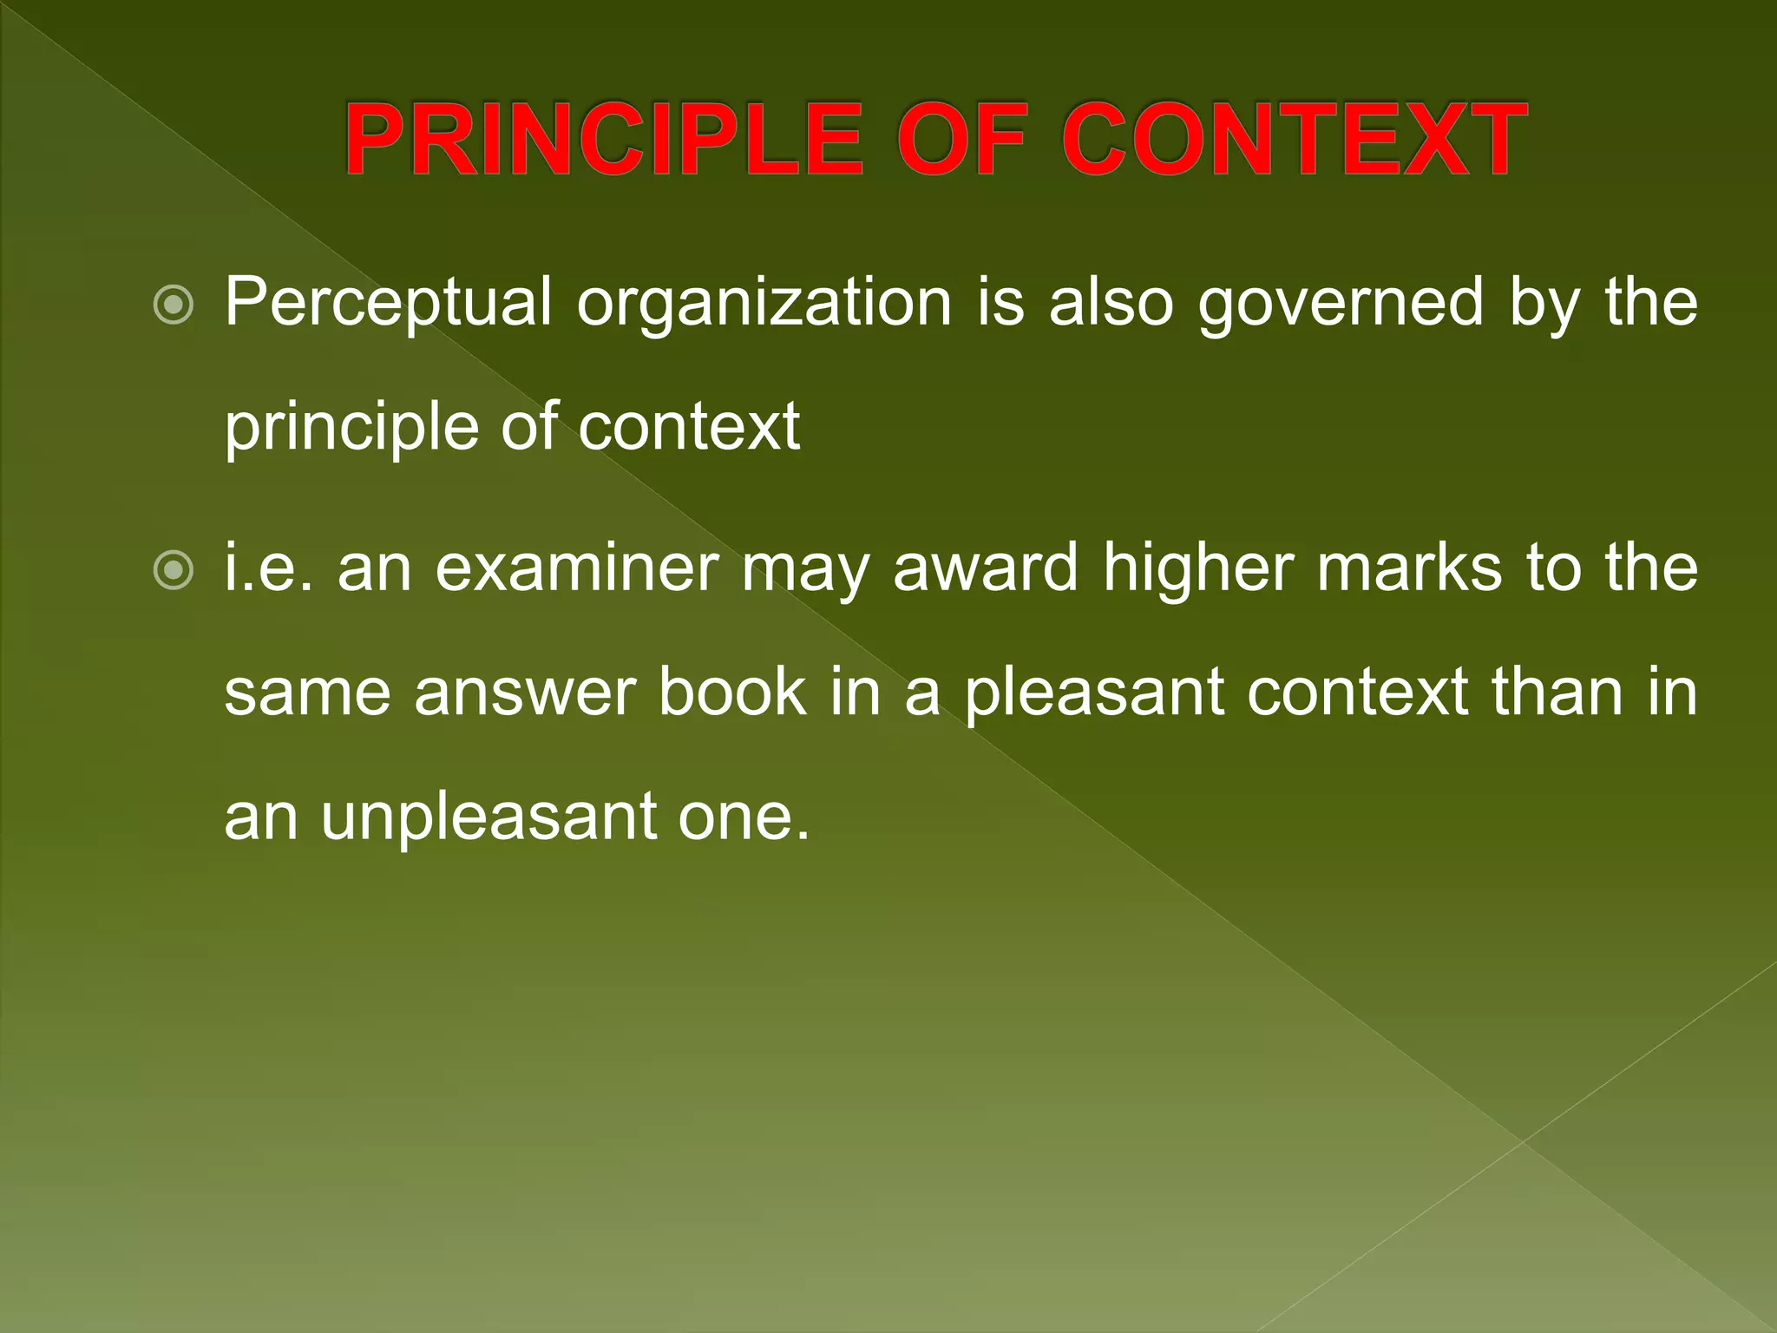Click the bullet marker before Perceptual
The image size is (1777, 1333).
click(x=173, y=305)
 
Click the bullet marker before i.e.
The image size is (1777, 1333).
click(x=173, y=570)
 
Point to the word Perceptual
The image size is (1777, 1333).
click(x=388, y=304)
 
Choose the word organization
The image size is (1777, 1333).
click(x=764, y=304)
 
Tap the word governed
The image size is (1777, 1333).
click(x=1341, y=304)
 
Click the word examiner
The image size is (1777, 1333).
click(x=577, y=568)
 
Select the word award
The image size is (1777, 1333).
click(x=985, y=568)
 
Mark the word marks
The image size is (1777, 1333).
click(x=1409, y=568)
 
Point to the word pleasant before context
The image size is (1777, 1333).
click(x=1094, y=694)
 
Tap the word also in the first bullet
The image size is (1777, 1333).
click(x=1111, y=304)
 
